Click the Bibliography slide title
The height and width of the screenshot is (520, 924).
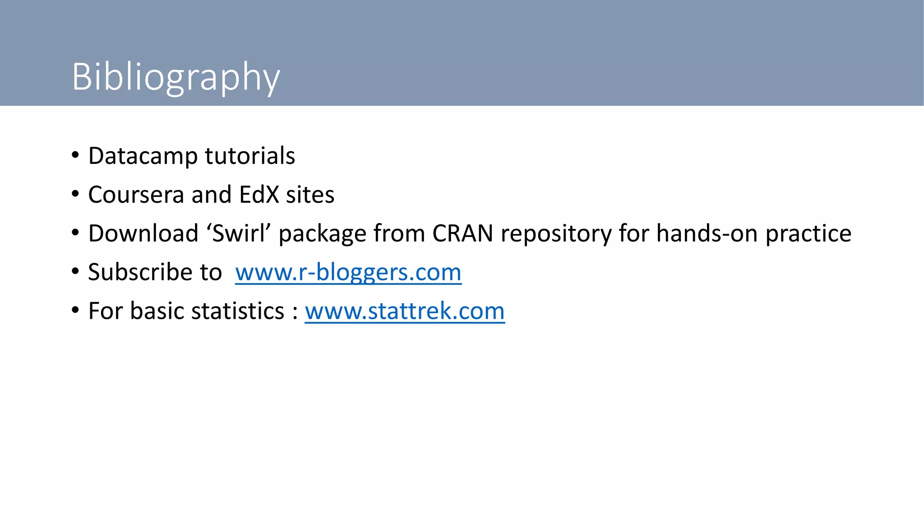(176, 77)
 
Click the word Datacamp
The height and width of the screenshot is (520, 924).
(143, 156)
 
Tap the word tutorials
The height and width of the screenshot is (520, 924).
(250, 156)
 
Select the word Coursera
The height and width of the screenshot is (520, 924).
(136, 195)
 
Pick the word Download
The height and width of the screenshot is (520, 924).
(143, 234)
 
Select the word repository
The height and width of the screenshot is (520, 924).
(556, 234)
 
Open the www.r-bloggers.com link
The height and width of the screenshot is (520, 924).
(348, 273)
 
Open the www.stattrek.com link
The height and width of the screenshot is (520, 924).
(405, 311)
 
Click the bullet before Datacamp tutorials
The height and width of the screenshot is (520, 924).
(75, 156)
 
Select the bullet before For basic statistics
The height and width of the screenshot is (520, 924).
(75, 311)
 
